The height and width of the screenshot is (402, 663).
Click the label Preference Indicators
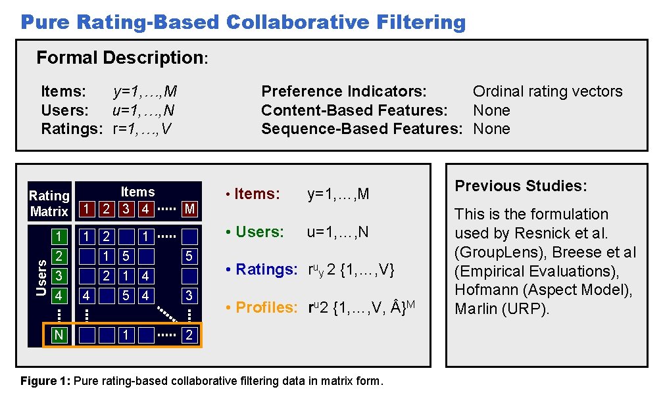pyautogui.click(x=344, y=91)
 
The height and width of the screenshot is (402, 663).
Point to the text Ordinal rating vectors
pyautogui.click(x=547, y=91)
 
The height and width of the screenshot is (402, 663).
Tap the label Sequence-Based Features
pyautogui.click(x=362, y=128)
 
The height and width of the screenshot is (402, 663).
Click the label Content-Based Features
pyautogui.click(x=355, y=110)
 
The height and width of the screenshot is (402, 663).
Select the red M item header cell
pyautogui.click(x=190, y=210)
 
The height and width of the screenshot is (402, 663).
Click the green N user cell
pyautogui.click(x=59, y=336)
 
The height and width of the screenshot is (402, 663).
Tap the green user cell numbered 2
pyautogui.click(x=59, y=256)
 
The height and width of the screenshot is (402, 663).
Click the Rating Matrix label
pyautogui.click(x=49, y=204)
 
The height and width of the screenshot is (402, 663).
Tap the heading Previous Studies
pyautogui.click(x=521, y=186)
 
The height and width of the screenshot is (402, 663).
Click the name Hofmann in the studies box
pyautogui.click(x=483, y=290)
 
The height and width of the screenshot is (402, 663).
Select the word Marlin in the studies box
pyautogui.click(x=478, y=309)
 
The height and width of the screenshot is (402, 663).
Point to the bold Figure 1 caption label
pyautogui.click(x=46, y=381)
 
